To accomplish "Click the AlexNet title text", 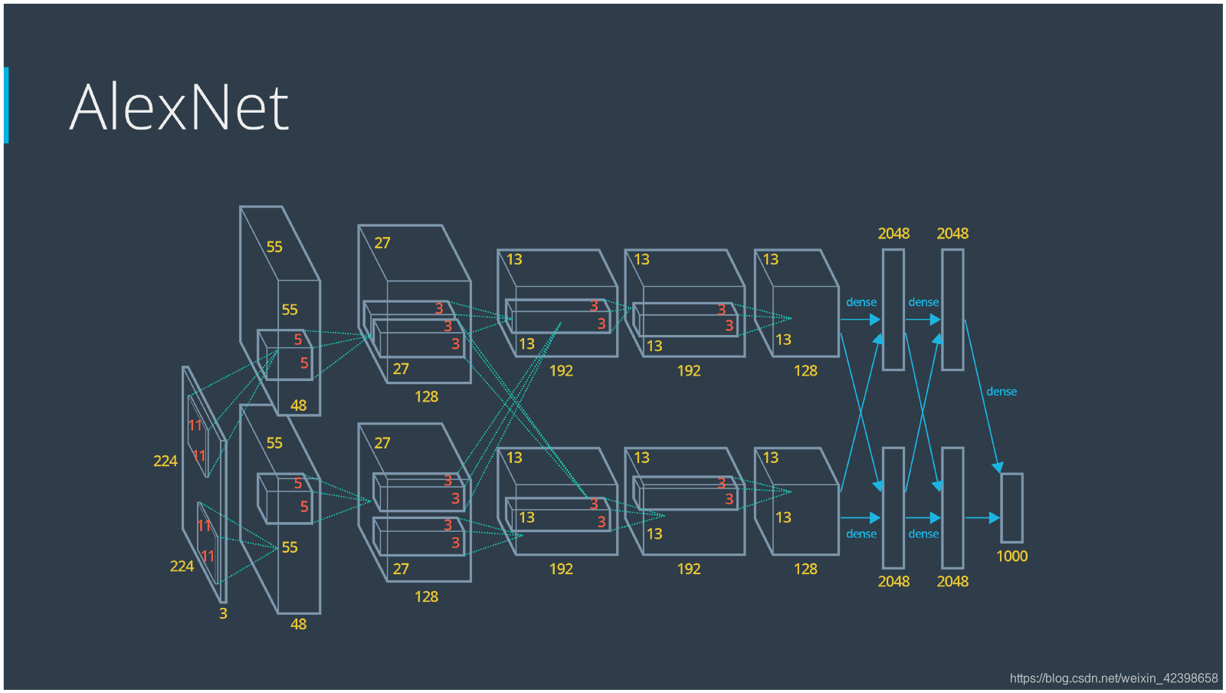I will pyautogui.click(x=179, y=107).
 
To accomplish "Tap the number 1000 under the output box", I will pyautogui.click(x=1011, y=557).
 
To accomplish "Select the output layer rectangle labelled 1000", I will pyautogui.click(x=1011, y=507).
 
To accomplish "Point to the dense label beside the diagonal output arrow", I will pyautogui.click(x=1001, y=392).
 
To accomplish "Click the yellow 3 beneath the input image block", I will pyautogui.click(x=223, y=613).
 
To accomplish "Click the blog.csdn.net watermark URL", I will pyautogui.click(x=1113, y=678).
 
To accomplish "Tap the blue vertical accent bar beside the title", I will pyautogui.click(x=6, y=105).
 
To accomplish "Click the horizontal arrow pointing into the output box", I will pyautogui.click(x=982, y=518).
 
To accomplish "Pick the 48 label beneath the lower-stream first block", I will pyautogui.click(x=298, y=625).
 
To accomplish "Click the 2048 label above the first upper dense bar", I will pyautogui.click(x=893, y=234).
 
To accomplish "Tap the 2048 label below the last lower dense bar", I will pyautogui.click(x=952, y=582).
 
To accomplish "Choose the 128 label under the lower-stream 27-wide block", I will pyautogui.click(x=426, y=597).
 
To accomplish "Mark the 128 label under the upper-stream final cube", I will pyautogui.click(x=805, y=371).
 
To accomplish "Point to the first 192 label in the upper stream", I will pyautogui.click(x=561, y=371).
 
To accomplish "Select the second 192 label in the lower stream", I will pyautogui.click(x=689, y=570).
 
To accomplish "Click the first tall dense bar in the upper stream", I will pyautogui.click(x=893, y=310).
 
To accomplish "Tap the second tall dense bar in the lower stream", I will pyautogui.click(x=952, y=507).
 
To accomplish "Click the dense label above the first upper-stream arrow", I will pyautogui.click(x=861, y=303).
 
